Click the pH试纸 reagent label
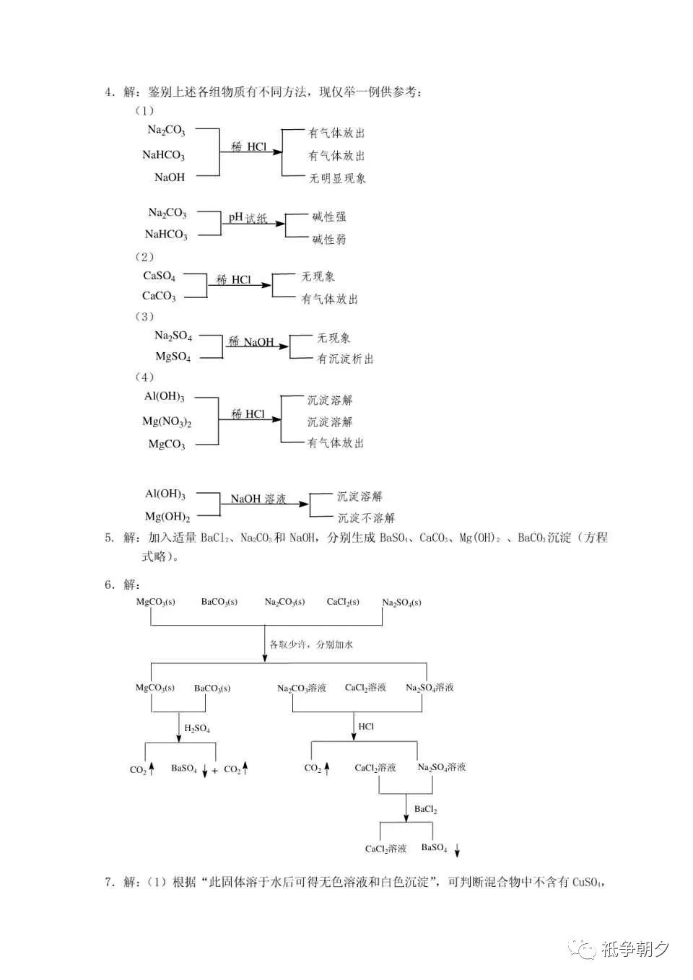click(247, 217)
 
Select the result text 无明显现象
click(337, 178)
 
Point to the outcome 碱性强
click(328, 216)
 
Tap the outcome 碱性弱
click(328, 240)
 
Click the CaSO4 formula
click(159, 276)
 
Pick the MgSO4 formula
click(173, 356)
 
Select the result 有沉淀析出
click(345, 359)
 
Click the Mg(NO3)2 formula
click(167, 421)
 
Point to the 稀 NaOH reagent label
click(250, 342)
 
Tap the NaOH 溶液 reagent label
click(258, 499)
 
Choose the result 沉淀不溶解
click(366, 518)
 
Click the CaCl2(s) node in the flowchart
click(343, 602)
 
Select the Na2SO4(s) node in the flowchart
click(401, 603)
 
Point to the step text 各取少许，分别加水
click(311, 644)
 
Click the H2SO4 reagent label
click(197, 728)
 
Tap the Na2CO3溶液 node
click(302, 688)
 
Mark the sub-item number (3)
click(144, 316)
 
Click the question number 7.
click(108, 882)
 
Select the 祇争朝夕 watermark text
click(635, 950)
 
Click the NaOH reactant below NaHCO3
click(170, 178)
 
